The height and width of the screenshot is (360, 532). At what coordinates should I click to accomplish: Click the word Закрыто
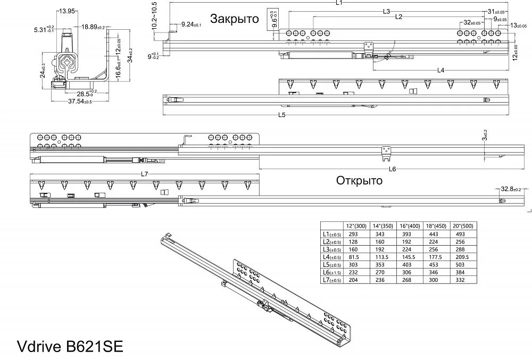pyautogui.click(x=234, y=19)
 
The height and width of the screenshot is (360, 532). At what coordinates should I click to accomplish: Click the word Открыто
pyautogui.click(x=359, y=180)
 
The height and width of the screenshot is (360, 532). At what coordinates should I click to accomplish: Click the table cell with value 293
pyautogui.click(x=353, y=233)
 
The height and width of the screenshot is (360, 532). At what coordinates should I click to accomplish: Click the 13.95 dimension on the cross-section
pyautogui.click(x=66, y=11)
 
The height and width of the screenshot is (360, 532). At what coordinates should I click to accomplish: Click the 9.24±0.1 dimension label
pyautogui.click(x=194, y=24)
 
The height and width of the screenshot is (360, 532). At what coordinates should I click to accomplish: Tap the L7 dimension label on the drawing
pyautogui.click(x=144, y=174)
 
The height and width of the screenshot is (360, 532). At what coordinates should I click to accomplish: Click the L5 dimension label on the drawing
pyautogui.click(x=281, y=114)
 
